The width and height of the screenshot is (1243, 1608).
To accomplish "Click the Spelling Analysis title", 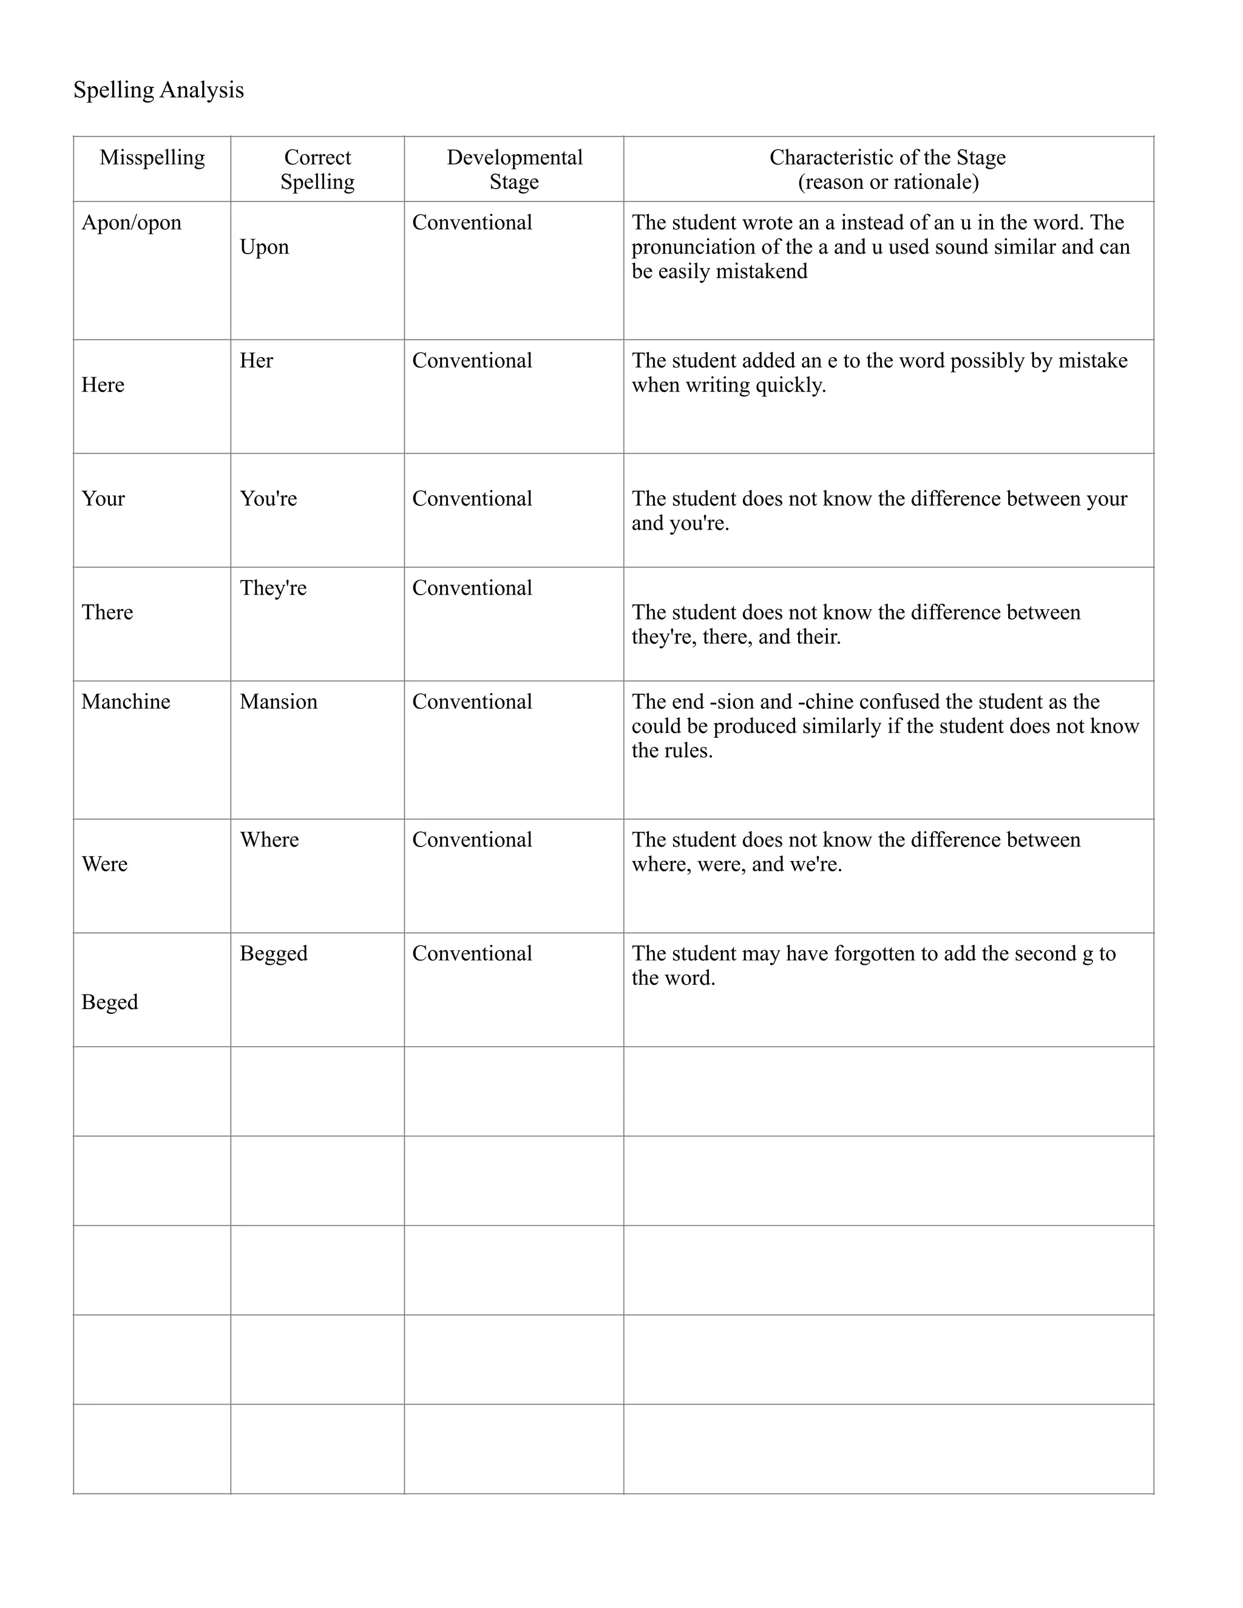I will (x=158, y=90).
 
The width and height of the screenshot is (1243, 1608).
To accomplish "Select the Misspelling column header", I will (x=152, y=158).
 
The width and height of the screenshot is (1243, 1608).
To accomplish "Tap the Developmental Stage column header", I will (x=514, y=169).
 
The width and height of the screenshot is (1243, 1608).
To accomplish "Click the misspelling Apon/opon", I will (x=131, y=222).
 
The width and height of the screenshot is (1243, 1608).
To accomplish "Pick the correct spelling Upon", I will (x=265, y=246).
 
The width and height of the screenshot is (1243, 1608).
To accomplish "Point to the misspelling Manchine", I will (x=125, y=701).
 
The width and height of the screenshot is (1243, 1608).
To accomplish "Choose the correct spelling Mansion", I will (x=279, y=701).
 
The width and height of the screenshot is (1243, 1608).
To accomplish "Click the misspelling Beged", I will (x=110, y=1002).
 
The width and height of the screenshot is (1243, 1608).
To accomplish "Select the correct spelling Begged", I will (x=273, y=953).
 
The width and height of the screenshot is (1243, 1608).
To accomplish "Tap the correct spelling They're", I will (x=273, y=588).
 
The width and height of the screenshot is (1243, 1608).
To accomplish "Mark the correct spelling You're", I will (x=268, y=498).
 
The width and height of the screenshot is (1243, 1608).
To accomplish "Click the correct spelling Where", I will (x=269, y=840).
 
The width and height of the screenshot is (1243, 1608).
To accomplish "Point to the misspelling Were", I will (x=104, y=864).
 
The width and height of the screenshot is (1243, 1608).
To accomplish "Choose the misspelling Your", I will (x=103, y=498).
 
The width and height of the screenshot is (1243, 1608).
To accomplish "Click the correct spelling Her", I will (x=256, y=361).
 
